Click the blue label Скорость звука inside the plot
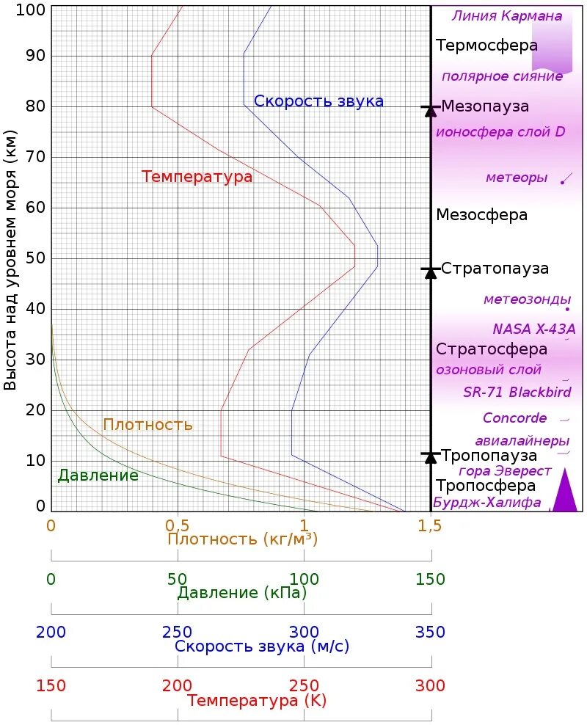tap(318, 101)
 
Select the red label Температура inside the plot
tap(197, 177)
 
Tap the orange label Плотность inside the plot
tap(147, 425)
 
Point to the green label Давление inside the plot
tap(98, 476)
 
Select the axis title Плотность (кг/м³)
tap(242, 539)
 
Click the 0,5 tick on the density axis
tap(177, 525)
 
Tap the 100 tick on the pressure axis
tap(303, 580)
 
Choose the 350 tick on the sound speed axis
tap(430, 633)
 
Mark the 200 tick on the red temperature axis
tap(177, 686)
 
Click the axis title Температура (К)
tap(256, 701)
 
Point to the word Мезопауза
tap(485, 106)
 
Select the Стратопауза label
tap(495, 269)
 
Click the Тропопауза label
tap(489, 456)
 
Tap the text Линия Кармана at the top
tap(507, 16)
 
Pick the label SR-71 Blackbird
tap(517, 393)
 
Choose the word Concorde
tap(514, 418)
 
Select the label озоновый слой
tap(489, 370)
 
